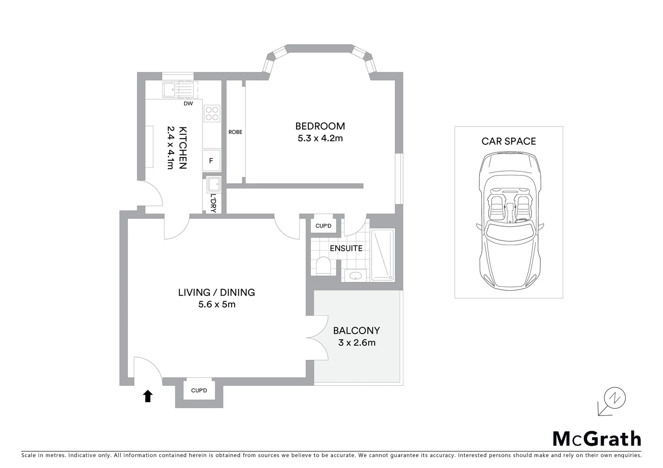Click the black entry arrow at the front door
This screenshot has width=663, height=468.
tap(148, 396)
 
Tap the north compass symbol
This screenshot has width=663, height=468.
tap(615, 398)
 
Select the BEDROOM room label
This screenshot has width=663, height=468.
tap(320, 126)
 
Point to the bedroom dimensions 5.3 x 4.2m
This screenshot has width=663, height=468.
tap(320, 138)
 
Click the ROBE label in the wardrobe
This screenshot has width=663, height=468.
tap(235, 132)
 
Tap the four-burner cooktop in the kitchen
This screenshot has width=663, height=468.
tap(212, 114)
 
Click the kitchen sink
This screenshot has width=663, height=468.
tap(169, 90)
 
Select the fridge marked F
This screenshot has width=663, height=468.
tap(212, 161)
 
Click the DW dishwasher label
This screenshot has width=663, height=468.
tap(188, 104)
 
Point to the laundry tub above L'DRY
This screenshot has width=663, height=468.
tap(214, 185)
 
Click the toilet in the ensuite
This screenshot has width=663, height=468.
tap(323, 266)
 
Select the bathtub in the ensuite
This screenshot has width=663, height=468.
tap(382, 254)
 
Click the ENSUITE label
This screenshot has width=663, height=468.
tap(346, 248)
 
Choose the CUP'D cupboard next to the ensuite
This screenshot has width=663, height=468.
tap(323, 226)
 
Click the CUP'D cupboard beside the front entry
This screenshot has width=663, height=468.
tap(199, 390)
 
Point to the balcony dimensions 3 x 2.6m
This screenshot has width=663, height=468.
tap(356, 343)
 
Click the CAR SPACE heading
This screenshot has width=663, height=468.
tap(509, 141)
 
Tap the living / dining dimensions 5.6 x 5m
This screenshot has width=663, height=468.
tap(217, 304)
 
